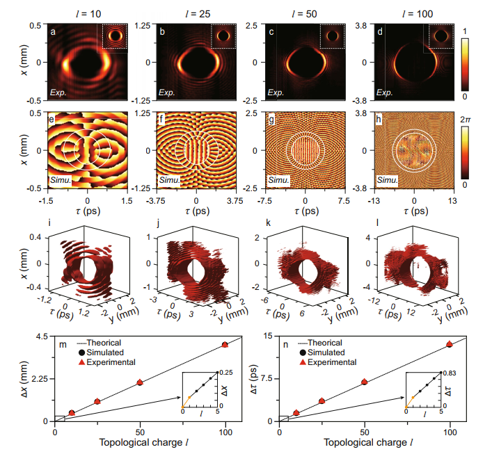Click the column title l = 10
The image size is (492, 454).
pos(87,11)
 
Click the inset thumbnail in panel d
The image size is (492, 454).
pos(441,35)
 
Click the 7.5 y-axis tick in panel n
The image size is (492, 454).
pos(267,380)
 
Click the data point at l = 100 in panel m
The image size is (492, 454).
pos(225,345)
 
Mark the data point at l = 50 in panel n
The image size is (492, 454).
pos(365,382)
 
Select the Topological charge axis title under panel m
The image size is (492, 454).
pos(140,442)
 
